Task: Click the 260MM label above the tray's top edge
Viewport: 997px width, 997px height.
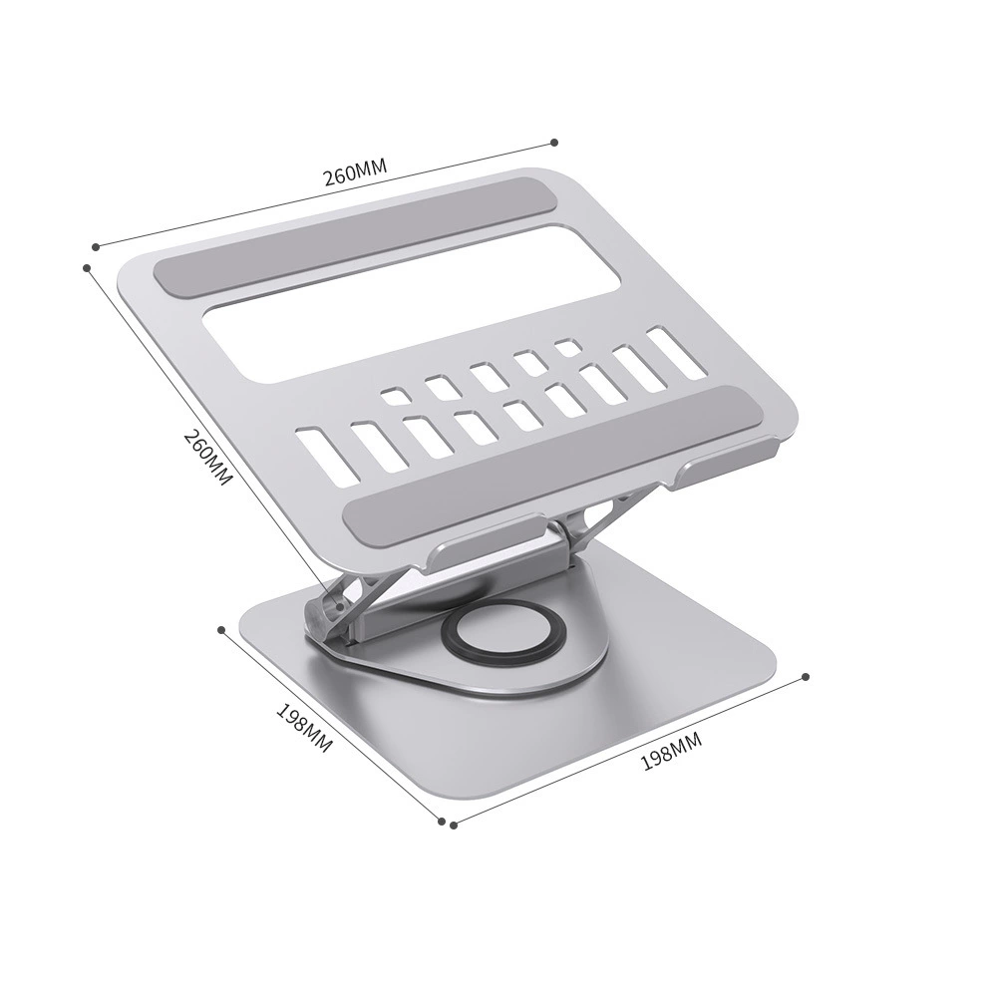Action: [356, 171]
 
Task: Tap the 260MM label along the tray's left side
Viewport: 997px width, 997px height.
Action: [206, 458]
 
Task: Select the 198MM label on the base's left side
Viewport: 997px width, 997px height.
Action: [304, 728]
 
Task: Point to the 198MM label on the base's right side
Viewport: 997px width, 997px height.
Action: [671, 751]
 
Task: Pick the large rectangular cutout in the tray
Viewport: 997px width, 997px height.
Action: [412, 304]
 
